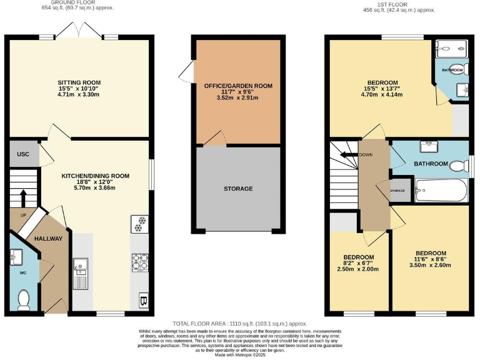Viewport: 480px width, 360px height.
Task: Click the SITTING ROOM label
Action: tap(79, 82)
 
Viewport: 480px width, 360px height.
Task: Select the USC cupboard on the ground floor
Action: tap(22, 154)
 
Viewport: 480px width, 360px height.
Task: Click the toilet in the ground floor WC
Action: tap(24, 299)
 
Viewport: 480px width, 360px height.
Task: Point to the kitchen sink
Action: tap(80, 273)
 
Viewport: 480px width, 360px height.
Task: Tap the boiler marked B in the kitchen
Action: tap(142, 301)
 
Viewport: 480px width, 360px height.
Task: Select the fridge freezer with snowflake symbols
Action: tap(139, 224)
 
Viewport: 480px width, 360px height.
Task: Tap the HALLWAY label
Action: tap(48, 239)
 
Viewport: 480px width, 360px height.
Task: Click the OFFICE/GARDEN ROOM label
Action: tap(238, 86)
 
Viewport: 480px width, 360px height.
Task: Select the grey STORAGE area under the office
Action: tap(238, 189)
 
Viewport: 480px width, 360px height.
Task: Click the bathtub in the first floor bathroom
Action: tap(441, 191)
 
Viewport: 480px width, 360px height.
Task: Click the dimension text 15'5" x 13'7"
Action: tap(382, 89)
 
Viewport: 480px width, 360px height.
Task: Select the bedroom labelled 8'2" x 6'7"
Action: tap(358, 262)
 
